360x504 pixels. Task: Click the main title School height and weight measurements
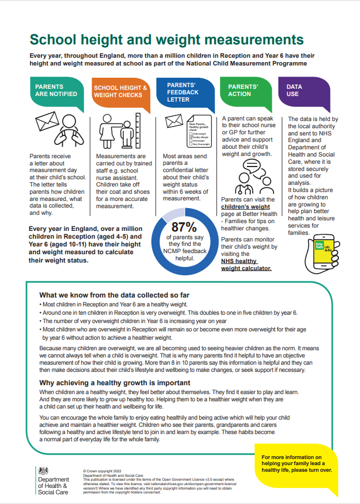[x=166, y=40]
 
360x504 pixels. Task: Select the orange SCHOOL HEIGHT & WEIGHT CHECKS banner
[x=120, y=91]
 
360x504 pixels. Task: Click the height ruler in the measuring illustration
[x=136, y=131]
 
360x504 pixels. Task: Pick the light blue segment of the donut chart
[x=173, y=213]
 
